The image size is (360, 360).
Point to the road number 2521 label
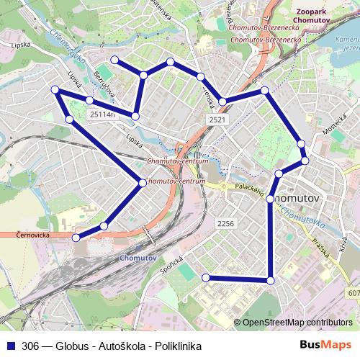[215, 118]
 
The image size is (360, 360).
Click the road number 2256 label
[225, 223]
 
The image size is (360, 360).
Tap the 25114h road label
[100, 114]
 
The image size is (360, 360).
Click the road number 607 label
[353, 292]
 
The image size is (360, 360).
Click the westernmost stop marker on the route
[55, 89]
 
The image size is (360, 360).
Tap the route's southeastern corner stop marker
[271, 280]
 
